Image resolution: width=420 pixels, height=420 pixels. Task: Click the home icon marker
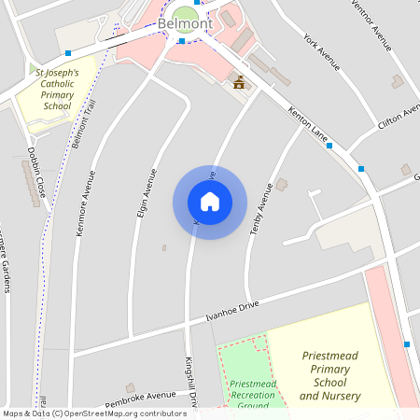click(210, 201)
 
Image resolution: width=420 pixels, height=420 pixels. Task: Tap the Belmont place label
click(185, 23)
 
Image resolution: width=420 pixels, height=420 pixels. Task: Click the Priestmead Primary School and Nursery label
click(335, 376)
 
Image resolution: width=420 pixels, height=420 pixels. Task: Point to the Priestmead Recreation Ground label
click(253, 395)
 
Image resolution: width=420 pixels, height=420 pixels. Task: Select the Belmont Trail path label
click(80, 122)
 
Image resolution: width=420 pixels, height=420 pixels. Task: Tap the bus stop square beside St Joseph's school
click(69, 53)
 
